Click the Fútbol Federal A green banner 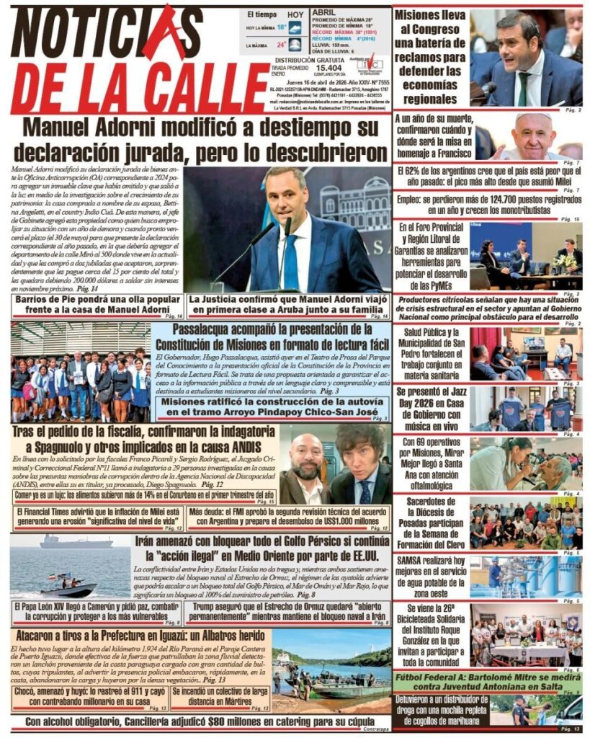pyautogui.click(x=488, y=681)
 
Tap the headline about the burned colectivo pyautogui.click(x=220, y=693)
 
